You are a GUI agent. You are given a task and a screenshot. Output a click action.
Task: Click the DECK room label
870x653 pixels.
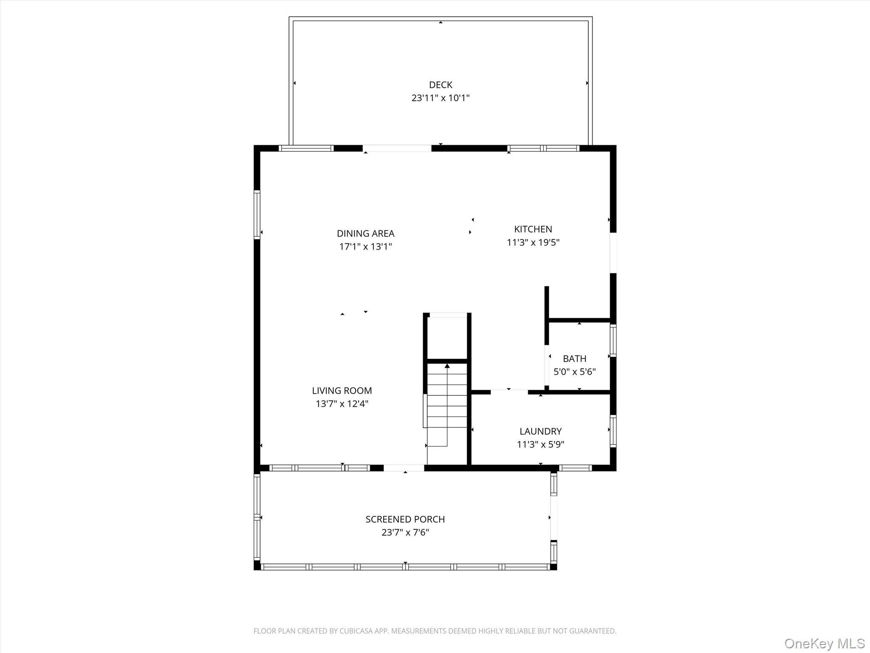click(440, 85)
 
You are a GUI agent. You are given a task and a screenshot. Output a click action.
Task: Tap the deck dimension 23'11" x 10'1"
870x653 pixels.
click(440, 98)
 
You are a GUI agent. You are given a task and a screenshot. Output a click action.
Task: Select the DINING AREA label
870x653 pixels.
click(365, 233)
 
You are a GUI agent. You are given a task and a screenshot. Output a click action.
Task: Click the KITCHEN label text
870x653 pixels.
click(533, 229)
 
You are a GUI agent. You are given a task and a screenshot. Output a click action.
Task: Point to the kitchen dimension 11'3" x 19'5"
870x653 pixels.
click(533, 243)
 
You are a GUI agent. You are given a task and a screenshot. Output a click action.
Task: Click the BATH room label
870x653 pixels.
click(574, 358)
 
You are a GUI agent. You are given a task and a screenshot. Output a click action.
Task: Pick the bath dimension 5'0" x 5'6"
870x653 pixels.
click(574, 372)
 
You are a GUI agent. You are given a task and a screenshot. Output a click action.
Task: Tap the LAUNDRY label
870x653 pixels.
click(540, 431)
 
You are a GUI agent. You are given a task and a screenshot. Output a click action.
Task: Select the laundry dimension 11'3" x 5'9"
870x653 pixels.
click(540, 445)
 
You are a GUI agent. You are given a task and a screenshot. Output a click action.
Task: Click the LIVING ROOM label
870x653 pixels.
click(342, 390)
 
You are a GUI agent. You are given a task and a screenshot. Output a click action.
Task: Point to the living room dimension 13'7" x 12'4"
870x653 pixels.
click(342, 404)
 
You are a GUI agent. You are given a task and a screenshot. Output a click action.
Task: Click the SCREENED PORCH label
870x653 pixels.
click(405, 519)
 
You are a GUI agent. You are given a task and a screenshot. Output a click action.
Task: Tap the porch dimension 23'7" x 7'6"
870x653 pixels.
click(405, 533)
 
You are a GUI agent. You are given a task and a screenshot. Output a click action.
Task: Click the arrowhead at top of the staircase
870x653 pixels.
click(447, 366)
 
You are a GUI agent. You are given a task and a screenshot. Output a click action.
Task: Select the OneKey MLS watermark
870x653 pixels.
click(824, 643)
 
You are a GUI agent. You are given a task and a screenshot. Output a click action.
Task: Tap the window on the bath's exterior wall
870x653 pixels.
click(613, 340)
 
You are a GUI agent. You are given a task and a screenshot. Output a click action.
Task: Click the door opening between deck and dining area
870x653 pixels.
click(397, 148)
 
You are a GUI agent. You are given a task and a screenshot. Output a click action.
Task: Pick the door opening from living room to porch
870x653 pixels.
click(404, 468)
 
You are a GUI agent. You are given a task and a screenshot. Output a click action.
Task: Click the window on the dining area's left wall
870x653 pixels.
click(257, 215)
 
